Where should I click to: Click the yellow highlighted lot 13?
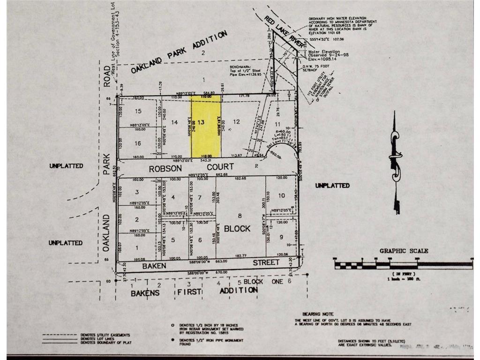[205, 127]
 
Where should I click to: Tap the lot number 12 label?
[237, 122]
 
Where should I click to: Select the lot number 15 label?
[138, 112]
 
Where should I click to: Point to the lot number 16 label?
[138, 143]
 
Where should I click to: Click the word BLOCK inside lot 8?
[237, 229]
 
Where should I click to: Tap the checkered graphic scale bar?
[403, 264]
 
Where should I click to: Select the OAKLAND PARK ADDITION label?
[179, 52]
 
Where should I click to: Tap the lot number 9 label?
[281, 237]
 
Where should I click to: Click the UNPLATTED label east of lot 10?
[332, 186]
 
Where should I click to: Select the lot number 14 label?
[174, 122]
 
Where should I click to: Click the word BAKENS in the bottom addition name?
[145, 293]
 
